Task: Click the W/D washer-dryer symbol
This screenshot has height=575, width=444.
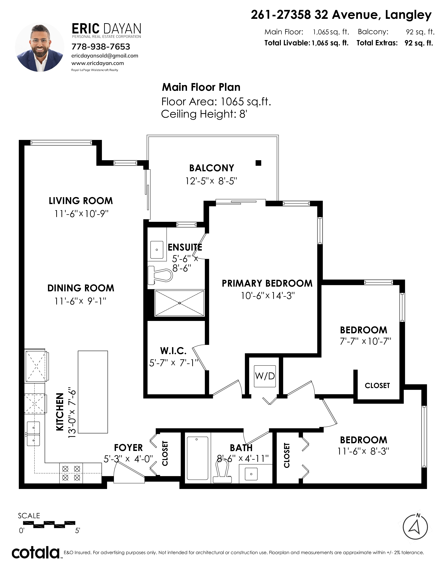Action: pos(265,376)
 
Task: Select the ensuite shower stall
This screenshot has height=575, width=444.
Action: pos(179,303)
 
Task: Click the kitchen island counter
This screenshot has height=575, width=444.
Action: pos(93,392)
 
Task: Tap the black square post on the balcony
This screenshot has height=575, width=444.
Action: pos(258,163)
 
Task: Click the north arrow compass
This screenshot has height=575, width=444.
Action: pos(415,527)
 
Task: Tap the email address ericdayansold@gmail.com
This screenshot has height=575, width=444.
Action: pos(105,56)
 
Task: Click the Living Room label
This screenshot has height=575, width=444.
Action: pos(81,201)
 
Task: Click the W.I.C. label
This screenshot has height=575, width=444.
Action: pos(173,351)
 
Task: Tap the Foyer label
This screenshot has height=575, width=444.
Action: pos(128,448)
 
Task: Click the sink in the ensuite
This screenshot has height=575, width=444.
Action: pos(157,250)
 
